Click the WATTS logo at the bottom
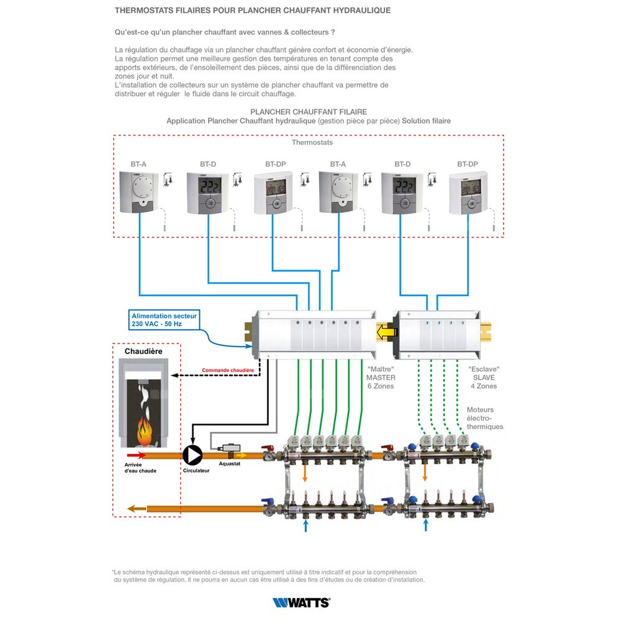click(301, 602)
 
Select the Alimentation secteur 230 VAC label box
click(165, 320)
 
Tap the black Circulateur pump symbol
click(192, 455)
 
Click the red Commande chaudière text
click(228, 371)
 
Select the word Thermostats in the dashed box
click(312, 142)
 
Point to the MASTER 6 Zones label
click(380, 377)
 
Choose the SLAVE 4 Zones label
click(483, 377)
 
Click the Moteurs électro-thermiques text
click(485, 418)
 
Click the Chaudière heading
click(143, 351)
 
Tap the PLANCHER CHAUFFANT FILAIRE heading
click(308, 112)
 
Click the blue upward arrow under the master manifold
click(305, 527)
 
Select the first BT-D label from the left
click(208, 164)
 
